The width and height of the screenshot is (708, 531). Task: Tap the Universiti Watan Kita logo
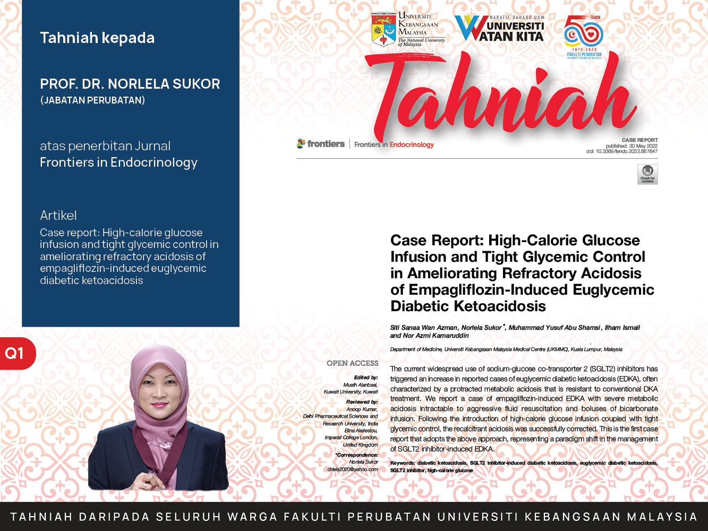[500, 29]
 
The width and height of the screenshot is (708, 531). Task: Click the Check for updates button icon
[647, 174]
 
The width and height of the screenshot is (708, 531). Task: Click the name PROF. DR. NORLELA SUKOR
[130, 84]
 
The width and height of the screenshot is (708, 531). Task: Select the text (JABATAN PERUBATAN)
[92, 100]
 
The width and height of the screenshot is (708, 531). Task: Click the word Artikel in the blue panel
[58, 215]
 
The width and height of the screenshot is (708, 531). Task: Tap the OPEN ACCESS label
[352, 363]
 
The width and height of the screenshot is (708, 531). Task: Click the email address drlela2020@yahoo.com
[353, 469]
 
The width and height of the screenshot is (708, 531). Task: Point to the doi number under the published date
[622, 151]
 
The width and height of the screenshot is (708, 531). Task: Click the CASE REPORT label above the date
[639, 140]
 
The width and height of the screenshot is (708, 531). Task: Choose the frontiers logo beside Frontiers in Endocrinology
[321, 143]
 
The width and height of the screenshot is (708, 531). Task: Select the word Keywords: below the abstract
[402, 463]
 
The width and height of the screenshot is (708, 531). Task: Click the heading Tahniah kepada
[97, 38]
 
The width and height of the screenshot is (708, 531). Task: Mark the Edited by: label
[366, 378]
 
